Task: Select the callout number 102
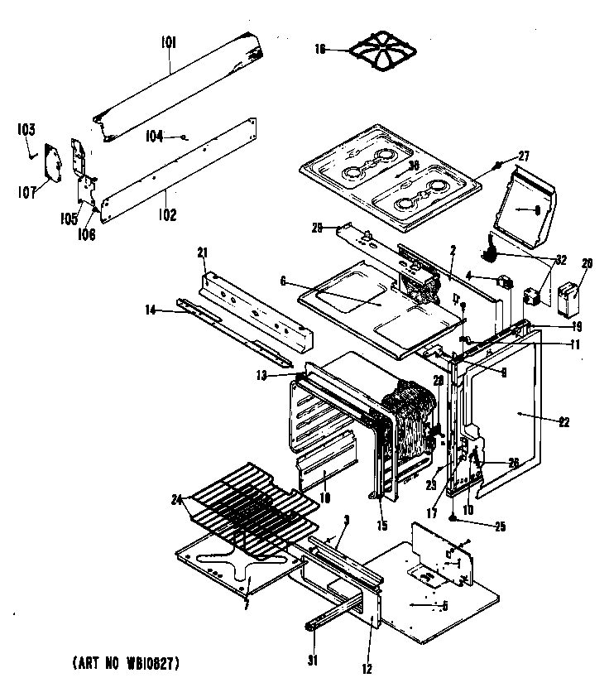coord(167,215)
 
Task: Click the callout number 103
coord(26,129)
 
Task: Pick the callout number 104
coord(155,136)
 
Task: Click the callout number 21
coord(200,252)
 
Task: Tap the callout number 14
coord(150,310)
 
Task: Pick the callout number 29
coord(319,226)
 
